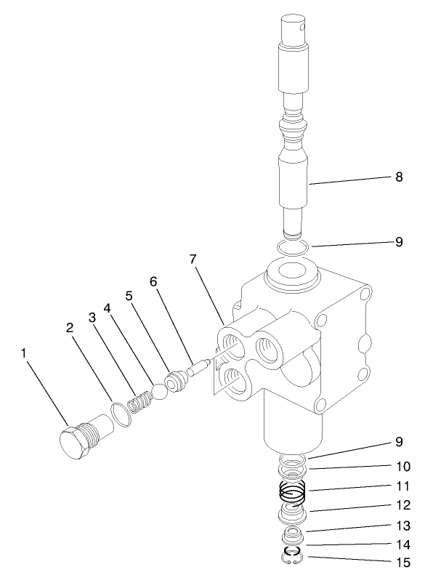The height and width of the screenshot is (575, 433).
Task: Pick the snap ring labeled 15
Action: tap(293, 558)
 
